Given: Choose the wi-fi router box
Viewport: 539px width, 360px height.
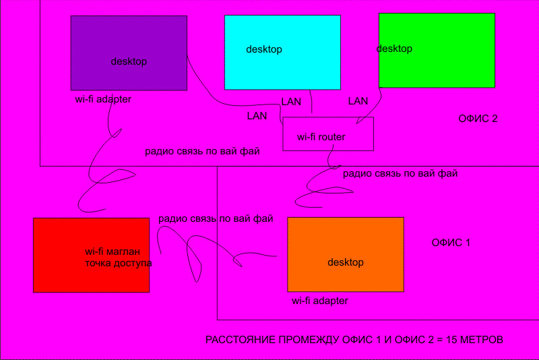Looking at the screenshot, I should coord(328,133).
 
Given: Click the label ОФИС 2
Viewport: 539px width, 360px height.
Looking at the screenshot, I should coord(478,119).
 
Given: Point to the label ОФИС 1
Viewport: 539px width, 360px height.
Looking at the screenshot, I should coord(451,242).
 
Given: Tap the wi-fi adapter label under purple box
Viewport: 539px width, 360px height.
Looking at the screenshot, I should coord(103,99).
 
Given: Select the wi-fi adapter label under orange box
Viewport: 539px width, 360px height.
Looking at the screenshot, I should coord(320,301).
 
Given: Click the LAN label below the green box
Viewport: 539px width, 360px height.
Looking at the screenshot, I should coord(358,101).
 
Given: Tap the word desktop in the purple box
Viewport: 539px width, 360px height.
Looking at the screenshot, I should coord(129,61).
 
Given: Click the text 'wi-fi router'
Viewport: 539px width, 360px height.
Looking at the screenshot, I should coord(321,137).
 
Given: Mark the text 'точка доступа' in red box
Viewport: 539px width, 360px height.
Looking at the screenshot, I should coord(118,263).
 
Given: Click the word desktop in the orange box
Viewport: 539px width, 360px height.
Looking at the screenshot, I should coord(345,262).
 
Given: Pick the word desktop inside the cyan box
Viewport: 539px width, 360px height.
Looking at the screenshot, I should coord(263,49).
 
